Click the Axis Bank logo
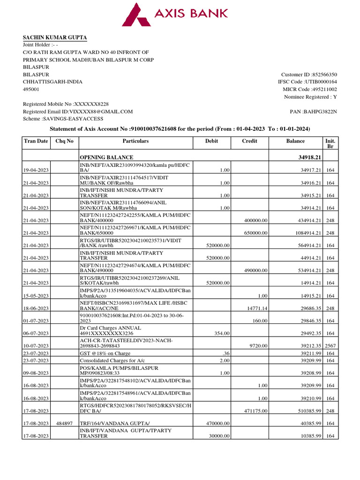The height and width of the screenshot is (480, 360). (175, 15)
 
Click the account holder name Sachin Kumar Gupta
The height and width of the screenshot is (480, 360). (55, 37)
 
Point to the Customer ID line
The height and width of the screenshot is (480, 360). (309, 75)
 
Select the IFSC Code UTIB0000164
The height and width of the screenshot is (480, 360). (307, 82)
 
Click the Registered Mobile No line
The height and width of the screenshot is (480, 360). (66, 104)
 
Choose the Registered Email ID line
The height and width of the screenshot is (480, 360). (78, 112)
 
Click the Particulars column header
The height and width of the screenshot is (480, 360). (135, 141)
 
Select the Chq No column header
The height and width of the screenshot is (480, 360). (64, 141)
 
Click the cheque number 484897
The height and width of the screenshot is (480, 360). (64, 423)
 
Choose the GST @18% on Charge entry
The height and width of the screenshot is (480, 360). (104, 352)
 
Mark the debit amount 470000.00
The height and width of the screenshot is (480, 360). (218, 423)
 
